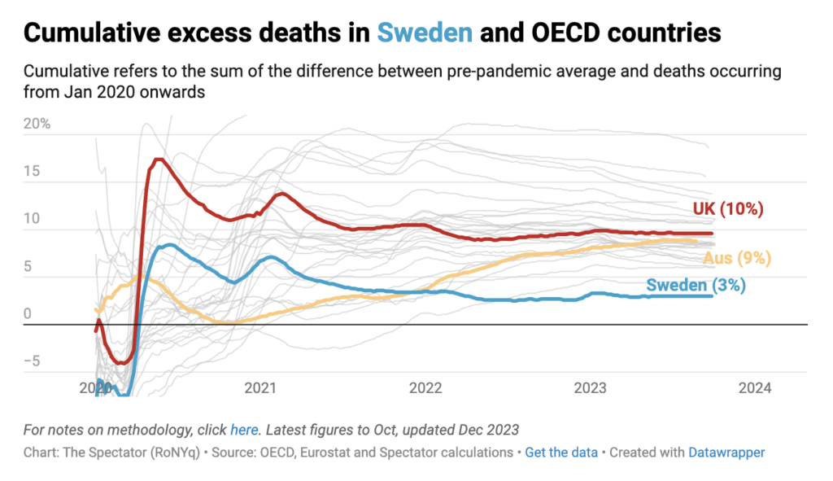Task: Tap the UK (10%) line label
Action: coord(728,209)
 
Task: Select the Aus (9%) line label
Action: coord(736,259)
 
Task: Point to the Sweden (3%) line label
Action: coord(696,285)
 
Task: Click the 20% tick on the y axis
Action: coord(37,125)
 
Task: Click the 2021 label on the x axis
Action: coord(259,388)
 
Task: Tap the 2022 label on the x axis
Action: coord(425,388)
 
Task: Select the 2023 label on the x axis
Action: coord(590,388)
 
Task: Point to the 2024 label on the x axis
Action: coord(755,388)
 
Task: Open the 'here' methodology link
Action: coord(243,429)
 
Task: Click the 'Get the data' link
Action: coord(561,452)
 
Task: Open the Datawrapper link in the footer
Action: coord(726,452)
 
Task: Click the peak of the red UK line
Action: coord(159,159)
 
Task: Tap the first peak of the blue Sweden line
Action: coord(168,244)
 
